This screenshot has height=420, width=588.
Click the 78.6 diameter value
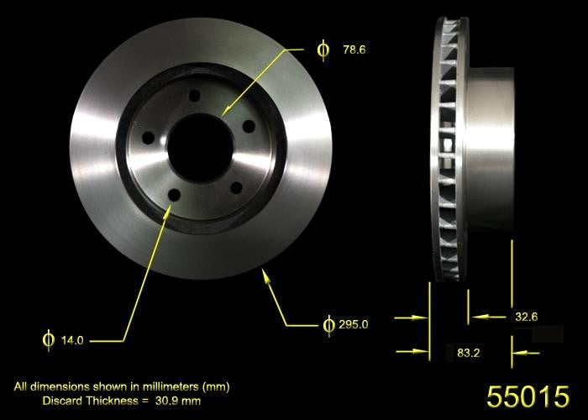pyautogui.click(x=354, y=50)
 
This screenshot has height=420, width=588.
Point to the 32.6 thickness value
pyautogui.click(x=526, y=317)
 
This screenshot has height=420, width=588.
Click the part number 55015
pyautogui.click(x=528, y=396)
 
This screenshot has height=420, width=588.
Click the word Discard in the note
pyautogui.click(x=62, y=401)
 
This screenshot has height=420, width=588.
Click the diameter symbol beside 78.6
pyautogui.click(x=323, y=50)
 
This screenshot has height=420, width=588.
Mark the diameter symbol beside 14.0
pyautogui.click(x=48, y=341)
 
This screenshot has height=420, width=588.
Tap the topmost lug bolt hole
pyautogui.click(x=195, y=97)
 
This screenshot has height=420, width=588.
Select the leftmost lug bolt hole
pyautogui.click(x=149, y=137)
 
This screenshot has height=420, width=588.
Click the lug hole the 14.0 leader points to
pyautogui.click(x=174, y=195)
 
